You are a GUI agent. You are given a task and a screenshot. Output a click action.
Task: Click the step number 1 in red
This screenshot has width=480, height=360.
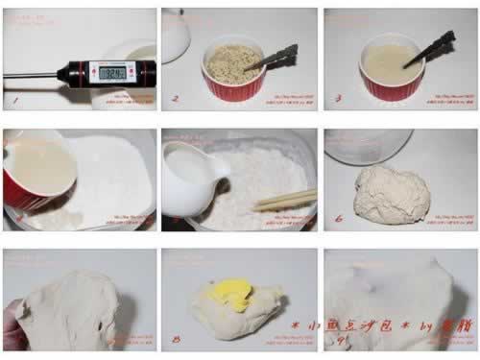[x=14, y=98]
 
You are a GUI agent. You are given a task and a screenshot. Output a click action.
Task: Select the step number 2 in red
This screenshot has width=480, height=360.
[x=174, y=98]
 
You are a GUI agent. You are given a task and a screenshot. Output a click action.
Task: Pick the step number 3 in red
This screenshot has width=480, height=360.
[x=335, y=98]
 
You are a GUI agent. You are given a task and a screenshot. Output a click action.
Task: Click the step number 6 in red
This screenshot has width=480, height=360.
[x=338, y=219]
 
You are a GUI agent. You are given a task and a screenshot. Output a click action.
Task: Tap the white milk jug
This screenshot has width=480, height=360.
[x=190, y=178]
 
